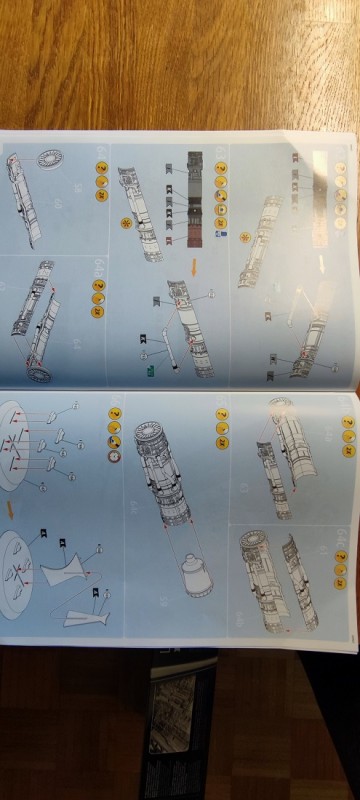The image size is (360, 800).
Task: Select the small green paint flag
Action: [151, 371]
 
